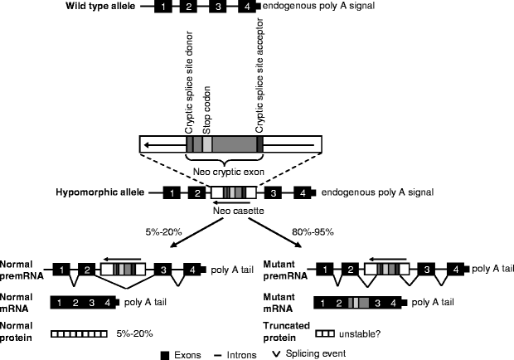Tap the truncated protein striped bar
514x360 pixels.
coord(325,333)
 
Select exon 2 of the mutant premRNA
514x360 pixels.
coord(351,270)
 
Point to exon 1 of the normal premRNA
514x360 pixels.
coord(61,270)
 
